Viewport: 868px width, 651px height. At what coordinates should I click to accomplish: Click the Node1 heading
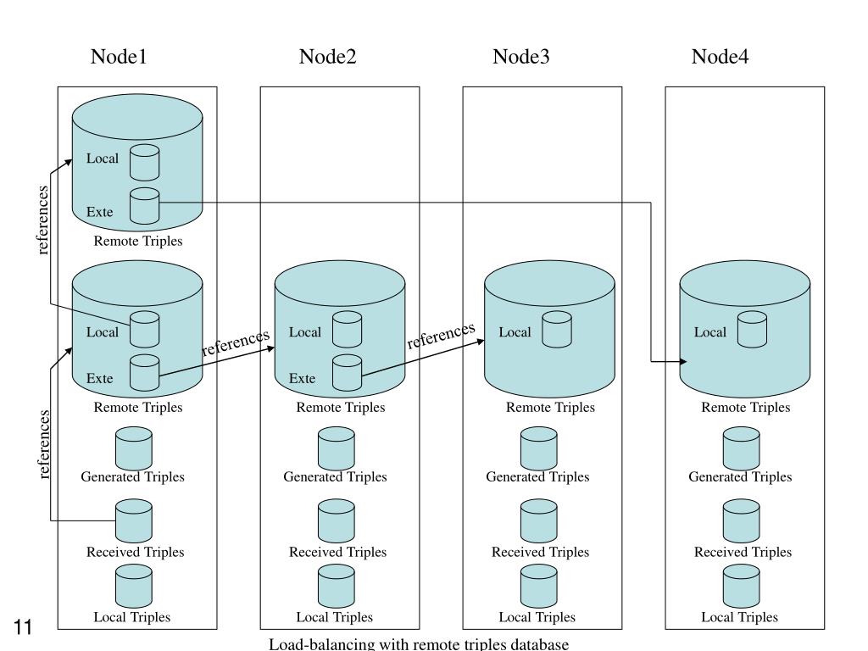(x=119, y=57)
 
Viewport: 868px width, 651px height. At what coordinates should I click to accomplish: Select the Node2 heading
(x=328, y=57)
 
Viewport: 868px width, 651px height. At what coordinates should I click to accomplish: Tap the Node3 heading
(x=521, y=57)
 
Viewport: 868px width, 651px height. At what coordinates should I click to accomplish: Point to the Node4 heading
(x=720, y=57)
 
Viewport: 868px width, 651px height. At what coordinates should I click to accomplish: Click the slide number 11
(x=23, y=627)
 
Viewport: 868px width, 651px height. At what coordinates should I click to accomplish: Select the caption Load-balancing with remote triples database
(x=419, y=644)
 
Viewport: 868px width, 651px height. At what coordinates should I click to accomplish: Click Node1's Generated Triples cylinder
(x=133, y=448)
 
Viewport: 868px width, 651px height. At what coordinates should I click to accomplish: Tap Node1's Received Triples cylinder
(x=133, y=521)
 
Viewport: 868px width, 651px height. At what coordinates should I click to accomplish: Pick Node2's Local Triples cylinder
(x=336, y=586)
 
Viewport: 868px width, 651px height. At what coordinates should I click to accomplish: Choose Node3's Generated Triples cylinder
(x=538, y=448)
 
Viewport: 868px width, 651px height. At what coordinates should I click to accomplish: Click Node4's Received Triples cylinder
(x=741, y=521)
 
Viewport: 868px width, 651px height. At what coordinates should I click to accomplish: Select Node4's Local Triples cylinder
(x=741, y=586)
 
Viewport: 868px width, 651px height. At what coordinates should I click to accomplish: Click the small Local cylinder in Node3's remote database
(x=556, y=330)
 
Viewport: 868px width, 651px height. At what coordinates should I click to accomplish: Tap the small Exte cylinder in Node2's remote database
(x=347, y=373)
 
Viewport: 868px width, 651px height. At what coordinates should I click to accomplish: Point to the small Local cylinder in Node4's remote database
(x=753, y=330)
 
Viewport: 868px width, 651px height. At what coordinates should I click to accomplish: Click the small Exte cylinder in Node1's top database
(x=144, y=206)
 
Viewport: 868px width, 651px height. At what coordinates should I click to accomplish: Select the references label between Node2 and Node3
(x=441, y=336)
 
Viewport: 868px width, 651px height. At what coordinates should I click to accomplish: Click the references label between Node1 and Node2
(x=236, y=342)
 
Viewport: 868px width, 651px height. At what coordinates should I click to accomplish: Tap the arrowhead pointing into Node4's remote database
(x=684, y=362)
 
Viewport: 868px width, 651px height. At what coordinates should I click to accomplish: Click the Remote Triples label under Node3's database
(x=550, y=408)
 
